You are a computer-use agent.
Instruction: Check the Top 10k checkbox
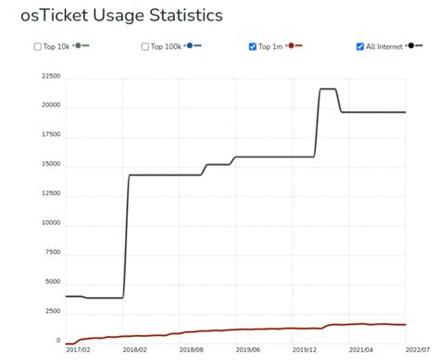pos(37,46)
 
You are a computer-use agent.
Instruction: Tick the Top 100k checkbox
pos(145,46)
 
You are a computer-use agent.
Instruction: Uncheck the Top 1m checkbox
pos(253,46)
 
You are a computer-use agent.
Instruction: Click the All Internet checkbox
pos(359,46)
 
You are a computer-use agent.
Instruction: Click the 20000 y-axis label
pos(48,106)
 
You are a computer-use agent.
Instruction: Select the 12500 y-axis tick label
pos(48,192)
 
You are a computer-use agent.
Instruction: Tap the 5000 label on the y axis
pos(51,281)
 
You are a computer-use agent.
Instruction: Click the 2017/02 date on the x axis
pos(79,349)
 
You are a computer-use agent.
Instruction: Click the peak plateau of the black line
pos(327,89)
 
